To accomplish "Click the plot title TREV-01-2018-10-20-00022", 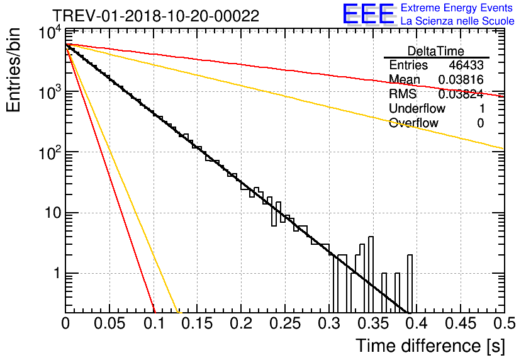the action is coord(155,16).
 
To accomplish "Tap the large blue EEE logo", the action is coord(368,14).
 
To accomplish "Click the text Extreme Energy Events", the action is coord(457,8).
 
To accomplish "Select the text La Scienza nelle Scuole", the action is coord(457,21).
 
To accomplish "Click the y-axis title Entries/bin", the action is coord(14,70).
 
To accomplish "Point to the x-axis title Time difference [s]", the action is coord(430,346).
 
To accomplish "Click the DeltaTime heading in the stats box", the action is coord(436,51).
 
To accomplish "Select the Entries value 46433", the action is coord(466,65).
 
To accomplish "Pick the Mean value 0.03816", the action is coord(461,79).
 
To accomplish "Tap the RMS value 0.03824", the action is coord(461,94).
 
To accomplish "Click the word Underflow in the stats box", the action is coord(417,108).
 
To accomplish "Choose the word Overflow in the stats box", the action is coord(413,123).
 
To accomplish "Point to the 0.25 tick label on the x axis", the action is coord(285,323).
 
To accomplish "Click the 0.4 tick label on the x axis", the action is coord(415,323).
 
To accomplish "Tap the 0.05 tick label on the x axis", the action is coord(109,323).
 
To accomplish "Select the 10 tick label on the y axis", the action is coord(53,213).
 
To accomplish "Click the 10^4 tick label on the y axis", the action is coord(50,33).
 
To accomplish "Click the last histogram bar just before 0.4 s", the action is coord(410,283).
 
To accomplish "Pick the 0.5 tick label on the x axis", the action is coord(505,323).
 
